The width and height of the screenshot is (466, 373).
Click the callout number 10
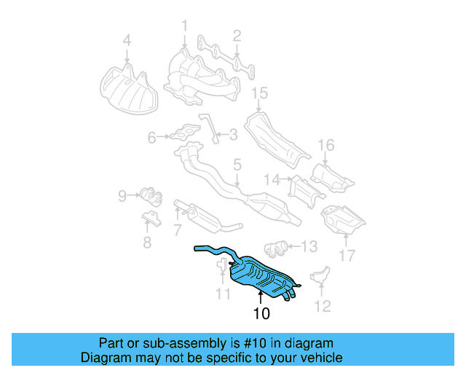[261, 314]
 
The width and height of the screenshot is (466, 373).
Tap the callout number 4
[127, 41]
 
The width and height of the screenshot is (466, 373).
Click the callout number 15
[260, 93]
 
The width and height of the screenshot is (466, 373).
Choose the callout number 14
[272, 179]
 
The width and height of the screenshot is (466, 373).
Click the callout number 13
[309, 247]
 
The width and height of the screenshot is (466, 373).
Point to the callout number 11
[223, 294]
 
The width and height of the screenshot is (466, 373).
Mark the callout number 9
[123, 195]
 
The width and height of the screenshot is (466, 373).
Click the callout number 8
[147, 243]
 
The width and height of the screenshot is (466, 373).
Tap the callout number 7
[177, 231]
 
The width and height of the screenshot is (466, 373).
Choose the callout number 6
[152, 136]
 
